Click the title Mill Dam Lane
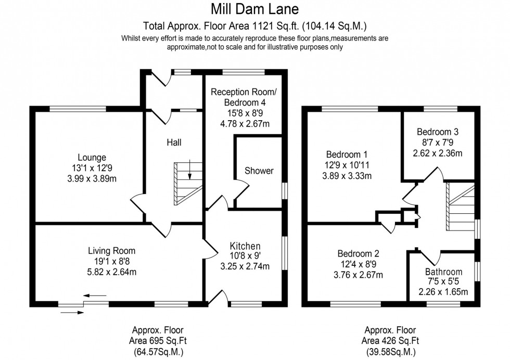tap(255, 9)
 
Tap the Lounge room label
tap(92, 157)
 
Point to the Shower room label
tap(259, 171)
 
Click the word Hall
tap(174, 142)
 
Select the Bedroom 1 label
tap(347, 155)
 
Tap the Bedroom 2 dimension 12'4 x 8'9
tap(359, 264)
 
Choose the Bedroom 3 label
tap(437, 132)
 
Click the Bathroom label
tap(443, 272)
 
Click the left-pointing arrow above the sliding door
tap(94, 295)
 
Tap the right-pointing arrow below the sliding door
tap(72, 312)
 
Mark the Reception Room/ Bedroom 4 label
tap(244, 97)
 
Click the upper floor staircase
tap(461, 208)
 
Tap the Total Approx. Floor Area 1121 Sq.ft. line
tap(254, 25)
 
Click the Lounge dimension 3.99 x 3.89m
tap(92, 177)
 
